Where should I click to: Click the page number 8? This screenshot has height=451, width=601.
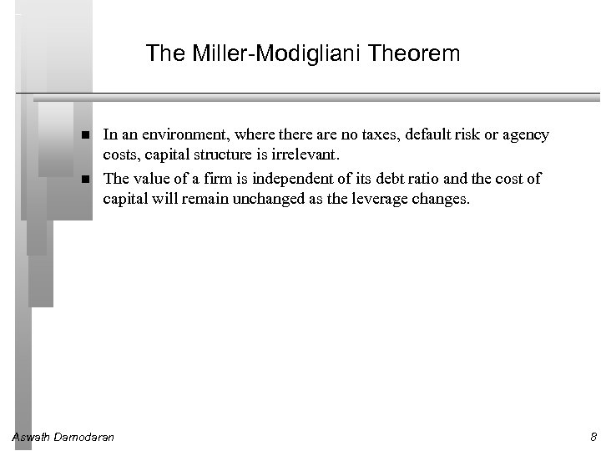point(593,437)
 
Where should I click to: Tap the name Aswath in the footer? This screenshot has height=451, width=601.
point(32,437)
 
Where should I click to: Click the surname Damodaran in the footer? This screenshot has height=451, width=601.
point(85,437)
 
